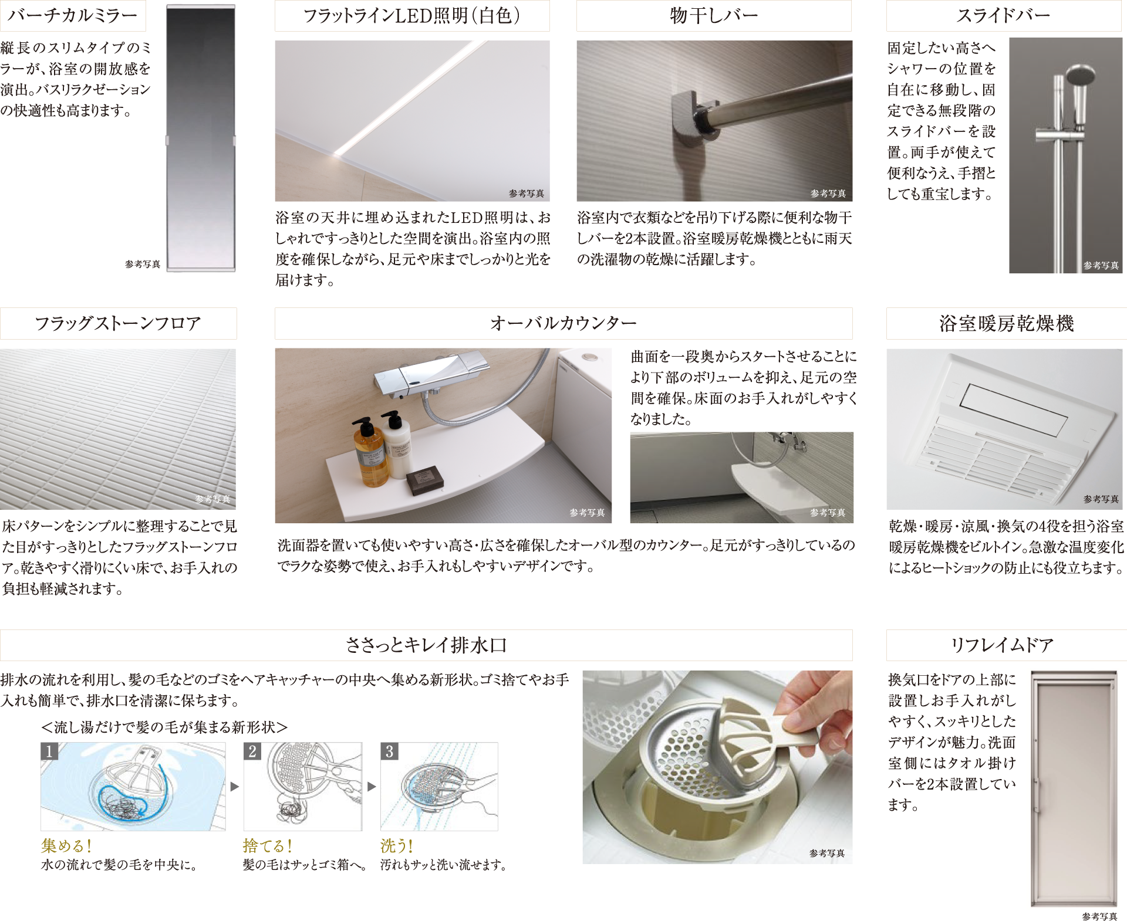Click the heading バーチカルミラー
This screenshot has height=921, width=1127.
click(72, 15)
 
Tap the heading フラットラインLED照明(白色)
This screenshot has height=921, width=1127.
click(412, 15)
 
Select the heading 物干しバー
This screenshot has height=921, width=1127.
click(714, 15)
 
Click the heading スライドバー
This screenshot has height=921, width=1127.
click(1004, 15)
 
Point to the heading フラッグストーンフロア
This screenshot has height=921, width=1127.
click(118, 323)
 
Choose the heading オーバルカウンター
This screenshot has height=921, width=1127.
click(563, 323)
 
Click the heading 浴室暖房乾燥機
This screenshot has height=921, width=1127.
click(1007, 323)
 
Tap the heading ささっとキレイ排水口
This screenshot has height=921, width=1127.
click(426, 645)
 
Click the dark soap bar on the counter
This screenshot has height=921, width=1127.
click(425, 480)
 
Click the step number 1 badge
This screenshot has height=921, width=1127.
click(49, 751)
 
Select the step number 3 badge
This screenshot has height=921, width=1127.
click(390, 751)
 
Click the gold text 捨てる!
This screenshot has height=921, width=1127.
click(268, 846)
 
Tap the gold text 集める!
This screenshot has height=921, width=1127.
click(66, 846)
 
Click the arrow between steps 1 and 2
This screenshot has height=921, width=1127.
click(235, 787)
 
